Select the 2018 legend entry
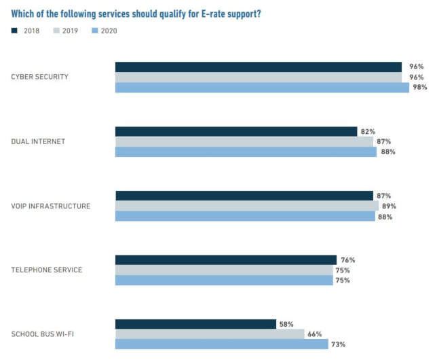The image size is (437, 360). (26, 31)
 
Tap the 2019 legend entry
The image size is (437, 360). (66, 31)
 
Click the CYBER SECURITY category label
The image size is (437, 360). (39, 77)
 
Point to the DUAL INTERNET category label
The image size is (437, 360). (38, 141)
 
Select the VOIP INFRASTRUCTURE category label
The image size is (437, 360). (50, 206)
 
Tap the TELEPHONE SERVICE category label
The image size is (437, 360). (46, 270)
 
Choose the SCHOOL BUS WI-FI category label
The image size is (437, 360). (43, 334)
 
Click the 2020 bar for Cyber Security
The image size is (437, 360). (262, 88)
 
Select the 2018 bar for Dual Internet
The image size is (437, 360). (236, 131)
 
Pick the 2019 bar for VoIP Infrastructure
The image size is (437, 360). (247, 206)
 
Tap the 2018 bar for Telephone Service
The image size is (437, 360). (226, 259)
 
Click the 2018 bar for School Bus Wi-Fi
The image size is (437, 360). (195, 324)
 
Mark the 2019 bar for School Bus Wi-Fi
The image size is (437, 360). (210, 334)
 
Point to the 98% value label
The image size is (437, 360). (420, 88)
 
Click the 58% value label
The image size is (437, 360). (286, 324)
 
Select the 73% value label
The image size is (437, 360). (338, 344)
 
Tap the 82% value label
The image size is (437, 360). (368, 131)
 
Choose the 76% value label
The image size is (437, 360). (347, 259)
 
